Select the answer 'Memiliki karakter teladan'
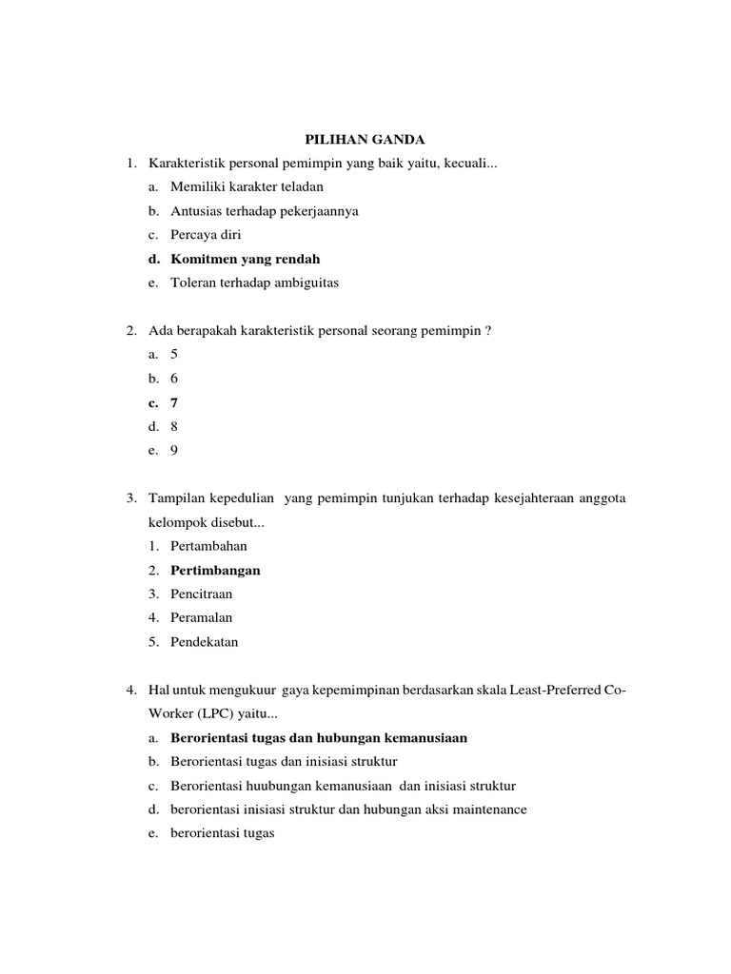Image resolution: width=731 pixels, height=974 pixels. [247, 187]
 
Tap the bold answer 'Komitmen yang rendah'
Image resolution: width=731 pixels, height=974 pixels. [245, 259]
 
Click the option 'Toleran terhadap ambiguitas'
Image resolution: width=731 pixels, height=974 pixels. [254, 282]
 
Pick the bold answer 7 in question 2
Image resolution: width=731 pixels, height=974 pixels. [174, 402]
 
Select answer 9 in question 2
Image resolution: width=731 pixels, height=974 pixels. [174, 451]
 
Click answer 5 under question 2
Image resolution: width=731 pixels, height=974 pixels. [174, 354]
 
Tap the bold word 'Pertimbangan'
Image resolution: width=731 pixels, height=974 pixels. [215, 571]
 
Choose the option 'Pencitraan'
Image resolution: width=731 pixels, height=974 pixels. [201, 594]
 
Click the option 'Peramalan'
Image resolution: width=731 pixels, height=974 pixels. [201, 618]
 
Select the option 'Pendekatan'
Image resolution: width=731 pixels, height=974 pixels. [204, 642]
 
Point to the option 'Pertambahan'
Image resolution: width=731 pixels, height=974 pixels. [208, 547]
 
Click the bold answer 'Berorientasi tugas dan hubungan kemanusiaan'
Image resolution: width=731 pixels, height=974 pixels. [319, 738]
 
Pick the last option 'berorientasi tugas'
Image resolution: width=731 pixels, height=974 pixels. [222, 833]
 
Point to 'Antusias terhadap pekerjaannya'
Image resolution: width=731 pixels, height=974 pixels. [265, 211]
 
